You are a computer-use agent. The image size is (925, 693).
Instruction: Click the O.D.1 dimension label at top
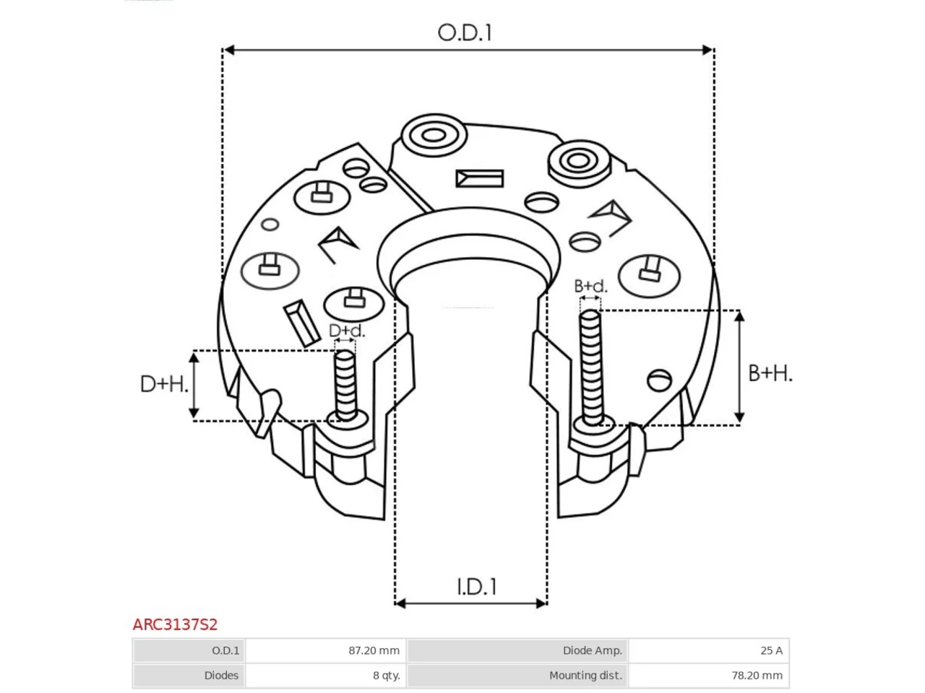point(465,32)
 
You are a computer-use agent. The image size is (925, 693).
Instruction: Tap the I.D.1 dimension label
point(477,587)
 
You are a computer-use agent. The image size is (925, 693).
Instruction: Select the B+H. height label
point(770,373)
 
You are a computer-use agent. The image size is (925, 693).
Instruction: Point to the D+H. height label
point(164,384)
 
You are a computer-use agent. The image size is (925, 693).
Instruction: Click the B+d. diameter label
point(590,287)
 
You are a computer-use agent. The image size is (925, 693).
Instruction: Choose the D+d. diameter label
point(346,331)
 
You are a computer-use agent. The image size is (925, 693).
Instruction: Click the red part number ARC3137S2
point(175,624)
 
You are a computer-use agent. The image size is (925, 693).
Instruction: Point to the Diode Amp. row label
point(592,650)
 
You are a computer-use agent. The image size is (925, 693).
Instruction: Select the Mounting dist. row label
point(585,676)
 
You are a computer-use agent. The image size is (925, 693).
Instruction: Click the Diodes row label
point(221,676)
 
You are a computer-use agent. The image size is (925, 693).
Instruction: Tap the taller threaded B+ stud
point(591,368)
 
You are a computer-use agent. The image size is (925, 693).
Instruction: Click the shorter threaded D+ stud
point(345,385)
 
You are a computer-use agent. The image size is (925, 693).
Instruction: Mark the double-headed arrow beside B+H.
point(739,367)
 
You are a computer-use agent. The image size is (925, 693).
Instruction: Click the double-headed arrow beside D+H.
point(194,385)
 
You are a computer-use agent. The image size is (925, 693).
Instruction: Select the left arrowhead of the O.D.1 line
point(229,50)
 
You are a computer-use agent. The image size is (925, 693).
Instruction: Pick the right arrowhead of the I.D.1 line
point(541,603)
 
